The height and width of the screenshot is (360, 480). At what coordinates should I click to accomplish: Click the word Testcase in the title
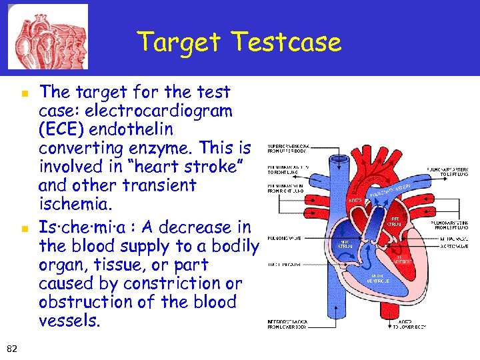[x=287, y=42]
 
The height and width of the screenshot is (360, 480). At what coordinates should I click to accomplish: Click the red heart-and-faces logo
[x=47, y=36]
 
